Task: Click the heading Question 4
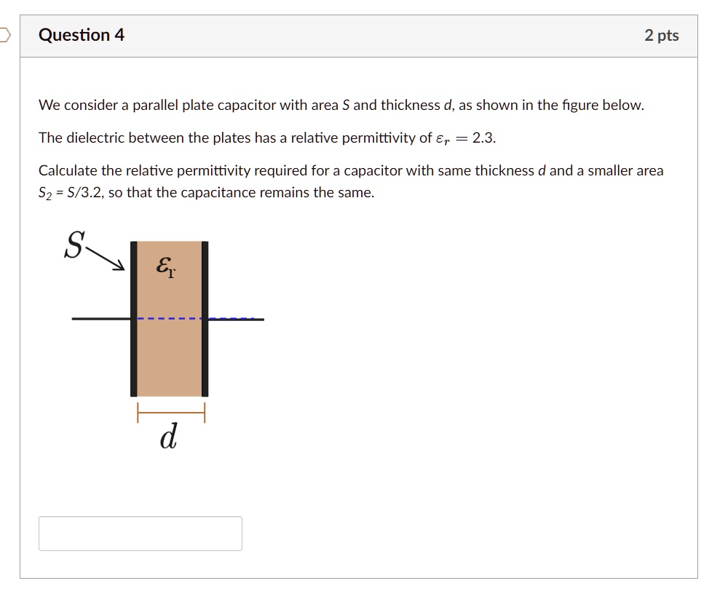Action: click(82, 35)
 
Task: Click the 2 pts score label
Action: click(661, 36)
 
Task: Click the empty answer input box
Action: click(140, 534)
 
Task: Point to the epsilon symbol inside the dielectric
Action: click(165, 268)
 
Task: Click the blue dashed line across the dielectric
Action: click(170, 319)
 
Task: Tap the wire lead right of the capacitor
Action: click(237, 319)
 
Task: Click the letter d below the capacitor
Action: click(168, 437)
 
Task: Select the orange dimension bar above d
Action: click(170, 413)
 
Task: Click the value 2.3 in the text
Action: click(483, 138)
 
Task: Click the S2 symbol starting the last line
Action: click(46, 194)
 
